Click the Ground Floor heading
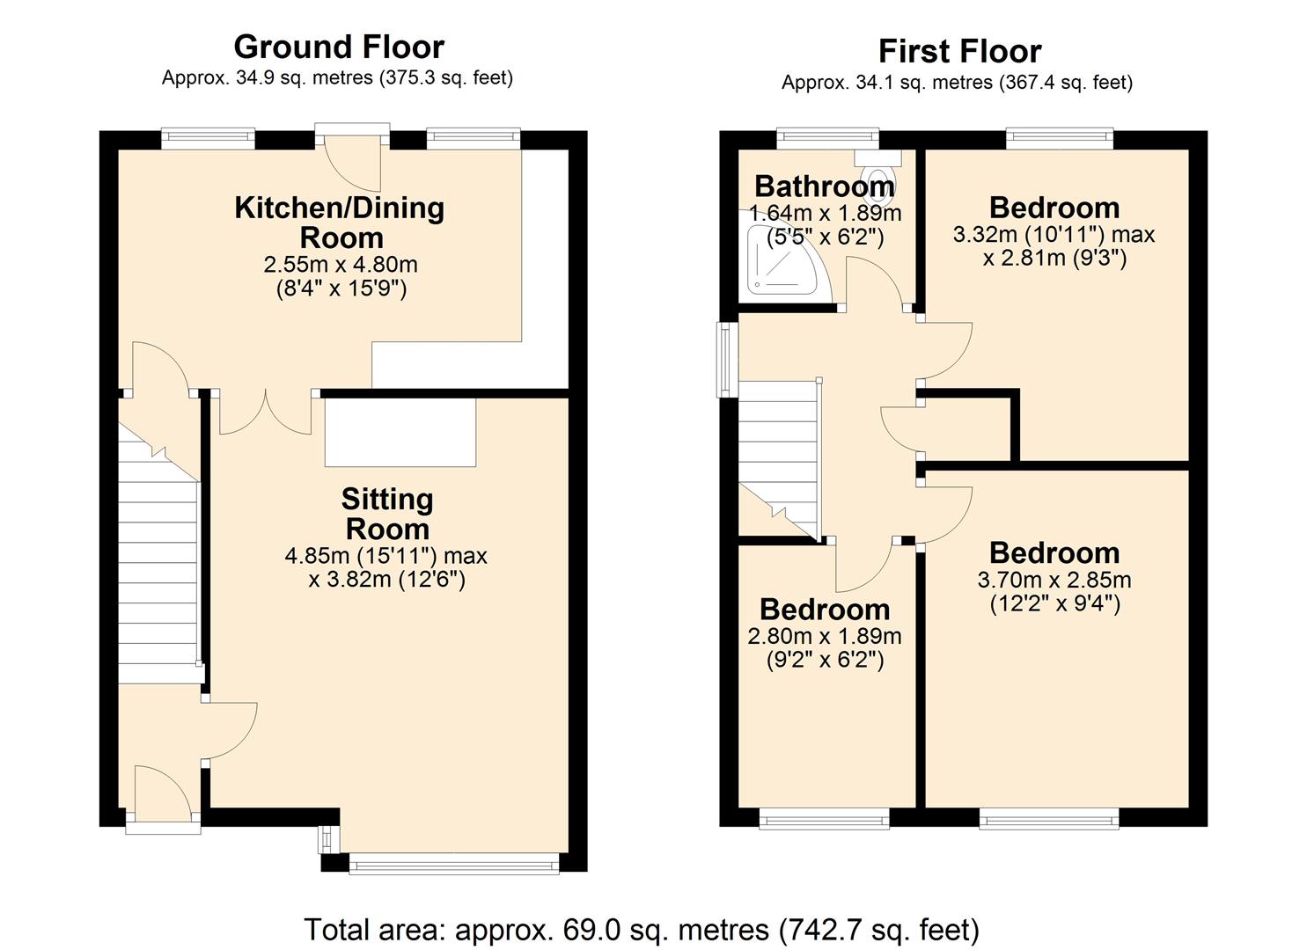coord(339,46)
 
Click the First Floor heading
coord(959,51)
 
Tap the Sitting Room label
coord(387,514)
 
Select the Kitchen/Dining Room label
coord(340,223)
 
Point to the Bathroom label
coord(824,186)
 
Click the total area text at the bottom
coord(642,929)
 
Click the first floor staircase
coord(778,457)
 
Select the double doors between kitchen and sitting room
coord(265,413)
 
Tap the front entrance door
coord(163,796)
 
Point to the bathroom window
coord(827,137)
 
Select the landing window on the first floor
coord(726,358)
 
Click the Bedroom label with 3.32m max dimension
coord(1054,208)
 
